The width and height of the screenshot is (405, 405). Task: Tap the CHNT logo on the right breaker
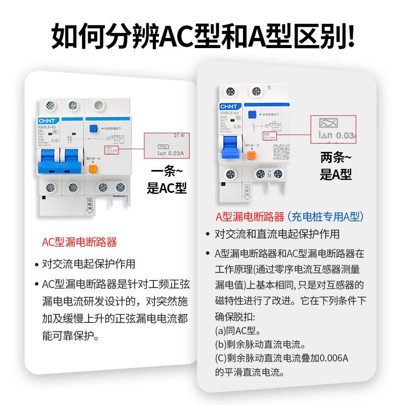click(x=226, y=107)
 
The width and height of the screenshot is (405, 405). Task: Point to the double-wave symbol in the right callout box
click(x=330, y=123)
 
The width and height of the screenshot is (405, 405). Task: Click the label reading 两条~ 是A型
click(x=336, y=166)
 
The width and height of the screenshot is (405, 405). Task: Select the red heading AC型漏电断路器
click(x=79, y=242)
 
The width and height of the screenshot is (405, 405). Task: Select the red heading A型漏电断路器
click(x=250, y=217)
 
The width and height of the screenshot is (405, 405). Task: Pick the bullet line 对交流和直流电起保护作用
click(x=276, y=234)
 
